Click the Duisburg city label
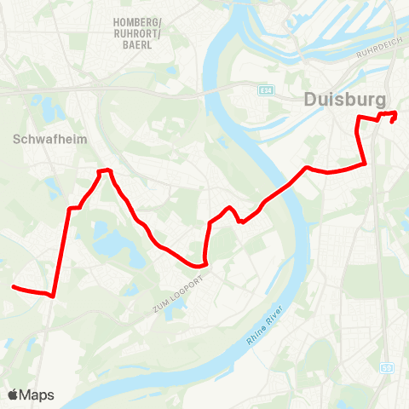click(x=344, y=100)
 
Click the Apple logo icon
click(x=14, y=395)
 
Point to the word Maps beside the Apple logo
click(x=37, y=395)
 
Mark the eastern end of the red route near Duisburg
click(x=393, y=121)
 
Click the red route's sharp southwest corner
click(x=54, y=297)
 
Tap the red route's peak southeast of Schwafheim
click(x=105, y=171)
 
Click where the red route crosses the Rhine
click(x=285, y=186)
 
